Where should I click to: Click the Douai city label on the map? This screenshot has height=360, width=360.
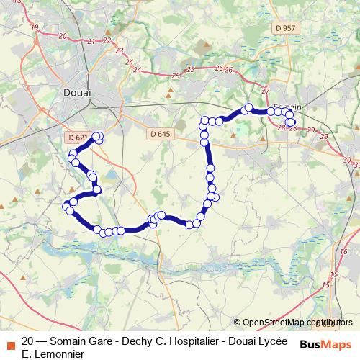[x=77, y=92]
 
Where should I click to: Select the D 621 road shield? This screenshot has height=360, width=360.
[x=75, y=137]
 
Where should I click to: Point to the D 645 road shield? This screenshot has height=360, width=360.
[x=161, y=134]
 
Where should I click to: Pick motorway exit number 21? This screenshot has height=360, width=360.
[x=90, y=41]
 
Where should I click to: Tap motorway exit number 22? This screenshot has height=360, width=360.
[x=107, y=40]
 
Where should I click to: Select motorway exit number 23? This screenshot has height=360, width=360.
[x=120, y=50]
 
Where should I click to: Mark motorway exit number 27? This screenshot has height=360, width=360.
[x=266, y=90]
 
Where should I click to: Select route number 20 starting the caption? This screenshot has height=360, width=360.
[x=28, y=341]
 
